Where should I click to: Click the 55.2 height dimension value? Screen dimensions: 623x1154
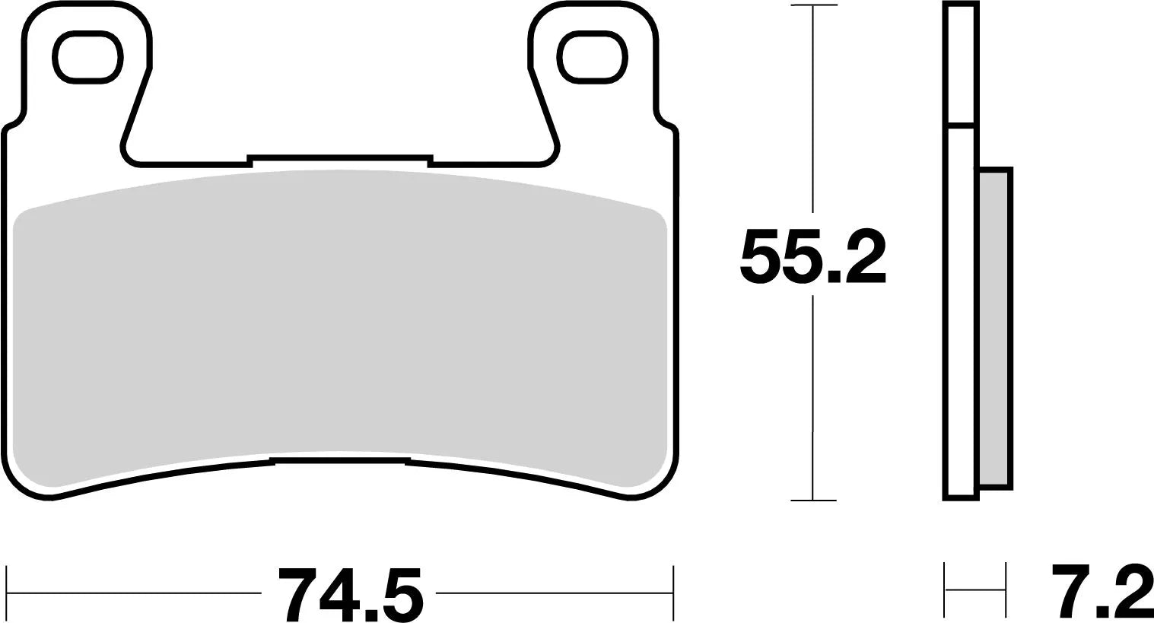[812, 256]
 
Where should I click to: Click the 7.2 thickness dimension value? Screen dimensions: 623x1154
[1102, 593]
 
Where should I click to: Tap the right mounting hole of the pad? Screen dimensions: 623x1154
[593, 58]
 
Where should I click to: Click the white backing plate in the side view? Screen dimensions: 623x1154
[962, 304]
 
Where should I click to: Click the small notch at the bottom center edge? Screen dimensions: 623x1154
[340, 460]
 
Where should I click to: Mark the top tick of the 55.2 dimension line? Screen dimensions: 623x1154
[813, 6]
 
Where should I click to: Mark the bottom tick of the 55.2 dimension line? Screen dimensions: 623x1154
[813, 500]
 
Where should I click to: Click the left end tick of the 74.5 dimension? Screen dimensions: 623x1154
[7, 593]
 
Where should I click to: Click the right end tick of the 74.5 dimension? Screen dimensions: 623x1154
[673, 593]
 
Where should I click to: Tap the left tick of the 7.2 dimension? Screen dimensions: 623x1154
[945, 590]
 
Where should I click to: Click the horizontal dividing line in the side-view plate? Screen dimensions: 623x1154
[961, 126]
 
